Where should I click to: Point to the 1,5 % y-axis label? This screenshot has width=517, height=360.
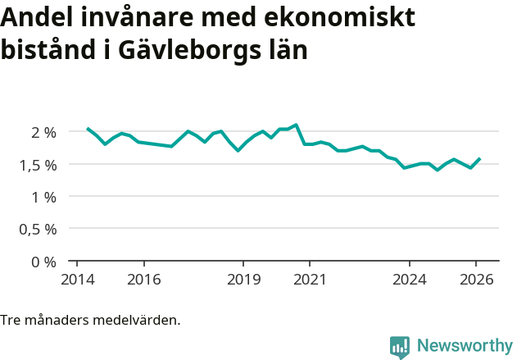click(37, 165)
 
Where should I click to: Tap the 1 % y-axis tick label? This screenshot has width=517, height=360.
click(43, 197)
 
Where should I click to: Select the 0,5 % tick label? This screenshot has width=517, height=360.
click(37, 230)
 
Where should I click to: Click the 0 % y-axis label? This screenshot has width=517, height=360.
click(43, 262)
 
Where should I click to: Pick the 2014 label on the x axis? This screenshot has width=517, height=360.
click(77, 279)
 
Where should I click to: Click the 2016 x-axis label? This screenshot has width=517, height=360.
click(143, 279)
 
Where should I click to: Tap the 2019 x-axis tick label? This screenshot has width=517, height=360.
click(243, 279)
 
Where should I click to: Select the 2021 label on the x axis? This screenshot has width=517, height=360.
click(310, 279)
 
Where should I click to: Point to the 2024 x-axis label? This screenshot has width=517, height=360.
click(410, 279)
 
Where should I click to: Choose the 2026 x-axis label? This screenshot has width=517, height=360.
click(476, 279)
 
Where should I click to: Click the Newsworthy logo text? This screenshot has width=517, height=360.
click(464, 346)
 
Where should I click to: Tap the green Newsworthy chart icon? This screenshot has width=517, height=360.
click(400, 347)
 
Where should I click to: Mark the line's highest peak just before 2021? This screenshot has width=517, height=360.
click(296, 125)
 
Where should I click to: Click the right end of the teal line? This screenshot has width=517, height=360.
click(480, 158)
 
